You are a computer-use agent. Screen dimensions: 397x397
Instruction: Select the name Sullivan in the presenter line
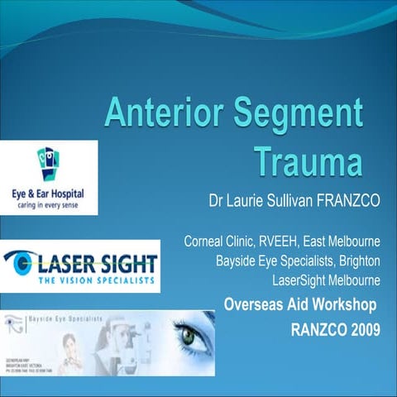pos(287,200)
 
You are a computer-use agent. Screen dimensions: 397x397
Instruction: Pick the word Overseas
pos(253,304)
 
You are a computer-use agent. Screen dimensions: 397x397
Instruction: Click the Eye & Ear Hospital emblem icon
pos(47,161)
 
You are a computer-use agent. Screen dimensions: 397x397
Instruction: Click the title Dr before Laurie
pos(219,200)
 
